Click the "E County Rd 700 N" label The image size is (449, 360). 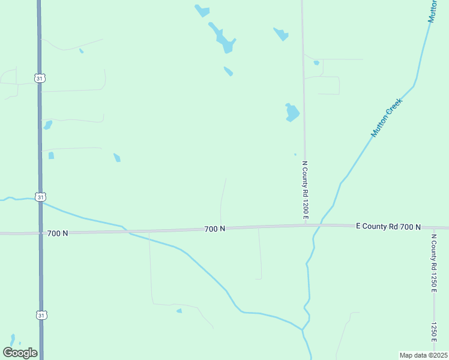click(x=388, y=226)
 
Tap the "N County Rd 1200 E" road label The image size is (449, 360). click(x=305, y=190)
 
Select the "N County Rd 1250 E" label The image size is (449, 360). click(x=433, y=262)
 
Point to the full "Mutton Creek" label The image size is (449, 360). click(x=386, y=118)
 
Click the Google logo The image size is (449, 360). click(x=20, y=353)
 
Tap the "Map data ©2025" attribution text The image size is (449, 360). click(x=423, y=355)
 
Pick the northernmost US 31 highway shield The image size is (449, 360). click(x=40, y=79)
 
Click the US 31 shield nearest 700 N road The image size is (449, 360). click(x=40, y=197)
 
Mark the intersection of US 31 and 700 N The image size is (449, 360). click(x=40, y=232)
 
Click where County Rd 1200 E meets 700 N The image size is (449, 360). click(x=305, y=226)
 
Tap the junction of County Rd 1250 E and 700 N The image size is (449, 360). click(x=433, y=228)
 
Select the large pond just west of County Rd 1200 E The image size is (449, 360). click(x=292, y=112)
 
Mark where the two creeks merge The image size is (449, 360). click(x=304, y=329)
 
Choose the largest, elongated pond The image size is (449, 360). click(x=223, y=38)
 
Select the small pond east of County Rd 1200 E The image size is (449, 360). click(x=316, y=62)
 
